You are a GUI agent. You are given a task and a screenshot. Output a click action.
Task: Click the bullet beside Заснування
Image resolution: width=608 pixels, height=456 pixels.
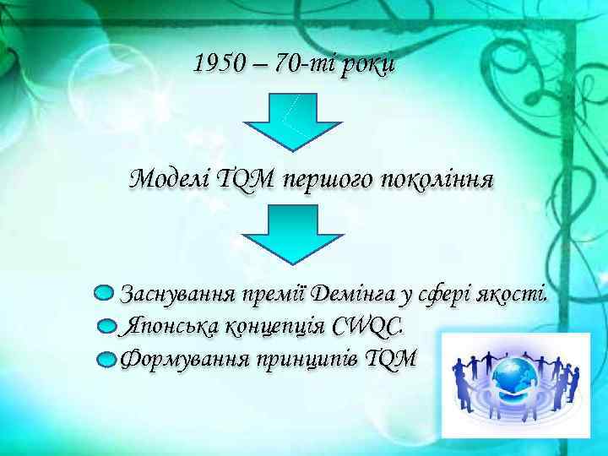(103, 293)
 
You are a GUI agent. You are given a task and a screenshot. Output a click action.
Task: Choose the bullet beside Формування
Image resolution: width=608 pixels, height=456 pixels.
(105, 359)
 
